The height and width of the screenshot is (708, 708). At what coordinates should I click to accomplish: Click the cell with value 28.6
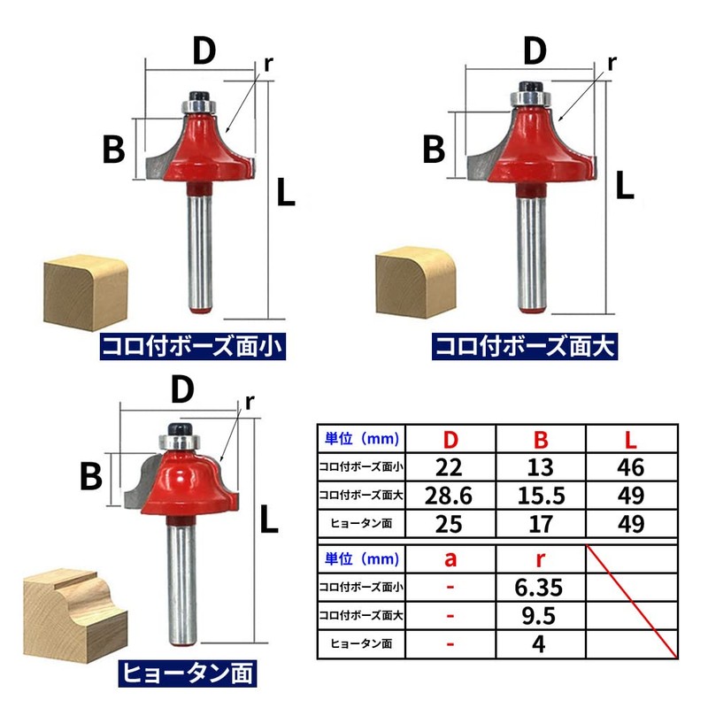point(449,496)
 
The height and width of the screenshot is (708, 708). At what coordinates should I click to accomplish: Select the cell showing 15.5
point(541,496)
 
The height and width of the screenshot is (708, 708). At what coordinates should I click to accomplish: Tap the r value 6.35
point(539,587)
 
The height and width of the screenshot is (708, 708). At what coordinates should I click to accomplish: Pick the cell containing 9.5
point(539,615)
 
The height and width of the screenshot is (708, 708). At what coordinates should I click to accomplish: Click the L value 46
point(631,467)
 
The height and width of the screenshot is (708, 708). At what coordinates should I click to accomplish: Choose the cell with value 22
point(449,467)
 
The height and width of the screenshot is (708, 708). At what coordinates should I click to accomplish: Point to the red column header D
point(450,439)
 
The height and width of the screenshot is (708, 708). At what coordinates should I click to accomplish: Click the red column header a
point(450,559)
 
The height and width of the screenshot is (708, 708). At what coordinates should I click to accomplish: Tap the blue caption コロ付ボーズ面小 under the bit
point(193,346)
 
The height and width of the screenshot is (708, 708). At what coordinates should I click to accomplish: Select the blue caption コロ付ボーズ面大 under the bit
point(525,346)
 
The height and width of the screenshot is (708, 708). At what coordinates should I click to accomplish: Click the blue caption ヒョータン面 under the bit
point(188,673)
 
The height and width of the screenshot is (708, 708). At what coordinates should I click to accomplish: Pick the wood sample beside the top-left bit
point(85,292)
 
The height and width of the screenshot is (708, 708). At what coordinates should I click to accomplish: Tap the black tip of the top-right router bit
point(531,86)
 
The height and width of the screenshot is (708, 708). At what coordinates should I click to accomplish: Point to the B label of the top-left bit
point(113,150)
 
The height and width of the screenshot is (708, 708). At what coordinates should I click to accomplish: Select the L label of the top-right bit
point(625,185)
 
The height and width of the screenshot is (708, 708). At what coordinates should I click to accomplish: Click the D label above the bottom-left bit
point(182,389)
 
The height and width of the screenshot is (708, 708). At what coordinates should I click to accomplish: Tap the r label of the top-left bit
point(269,64)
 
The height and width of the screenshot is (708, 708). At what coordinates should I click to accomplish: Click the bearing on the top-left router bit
point(199,107)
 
